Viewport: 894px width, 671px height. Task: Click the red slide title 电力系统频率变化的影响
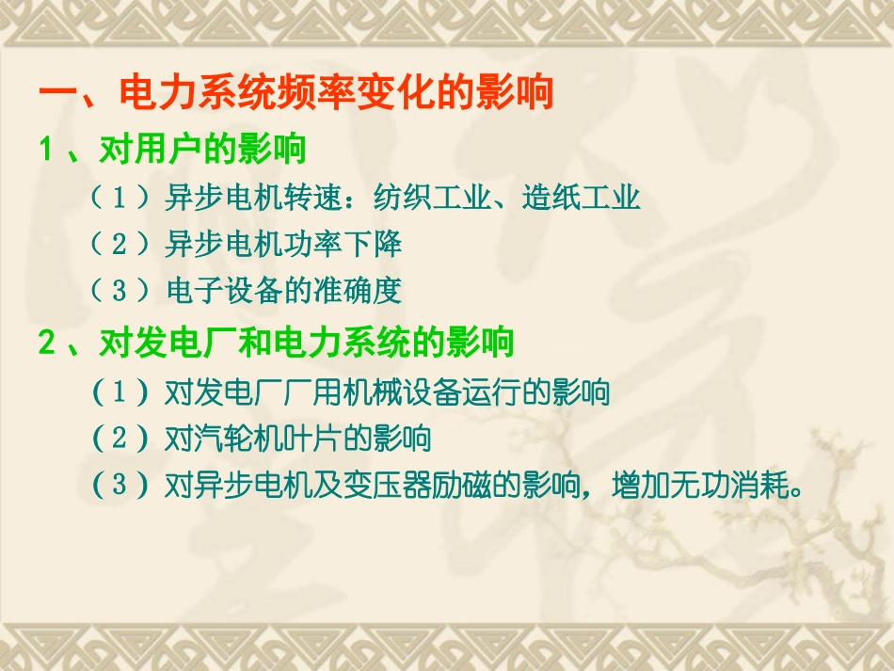click(x=335, y=94)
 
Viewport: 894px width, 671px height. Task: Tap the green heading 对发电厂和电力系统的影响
click(x=306, y=343)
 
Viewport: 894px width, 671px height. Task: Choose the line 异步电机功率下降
click(x=283, y=244)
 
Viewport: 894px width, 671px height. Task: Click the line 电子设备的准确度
click(x=283, y=290)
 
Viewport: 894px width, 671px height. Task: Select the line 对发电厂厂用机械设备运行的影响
click(x=387, y=391)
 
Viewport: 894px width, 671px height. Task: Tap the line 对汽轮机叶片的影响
click(x=297, y=438)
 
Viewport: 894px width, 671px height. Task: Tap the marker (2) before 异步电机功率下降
click(x=119, y=244)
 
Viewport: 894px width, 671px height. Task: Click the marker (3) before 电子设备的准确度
click(x=119, y=290)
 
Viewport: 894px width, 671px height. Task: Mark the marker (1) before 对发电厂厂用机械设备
click(x=120, y=391)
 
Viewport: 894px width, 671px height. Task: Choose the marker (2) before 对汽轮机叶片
click(x=120, y=438)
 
